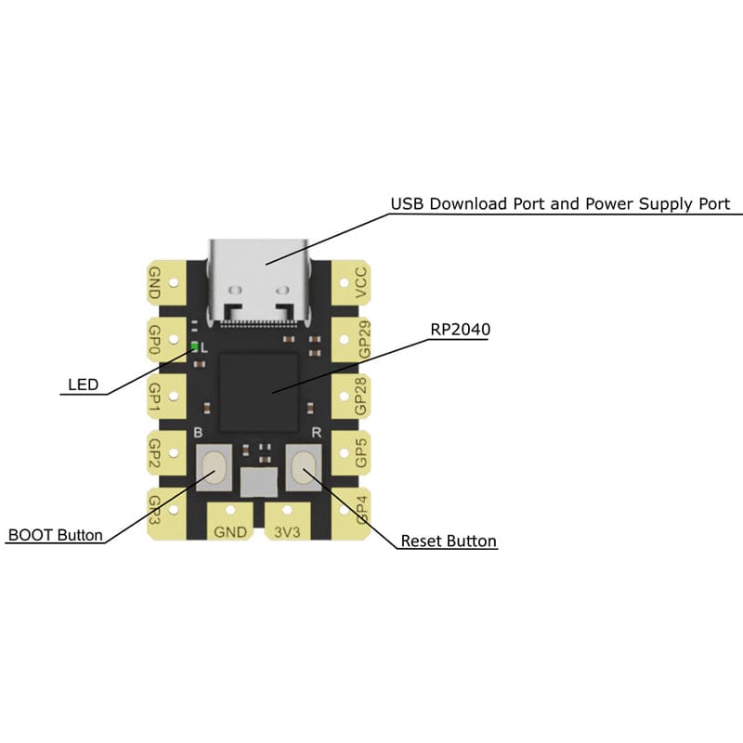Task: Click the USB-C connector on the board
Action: click(258, 283)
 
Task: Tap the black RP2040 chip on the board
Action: click(259, 392)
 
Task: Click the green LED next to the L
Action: click(194, 346)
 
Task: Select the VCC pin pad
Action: click(351, 283)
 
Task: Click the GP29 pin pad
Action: click(351, 339)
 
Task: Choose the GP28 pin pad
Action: click(351, 397)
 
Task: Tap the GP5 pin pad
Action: click(351, 453)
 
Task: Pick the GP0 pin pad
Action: click(167, 339)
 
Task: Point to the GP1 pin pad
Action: click(167, 397)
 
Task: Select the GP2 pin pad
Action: click(167, 453)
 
